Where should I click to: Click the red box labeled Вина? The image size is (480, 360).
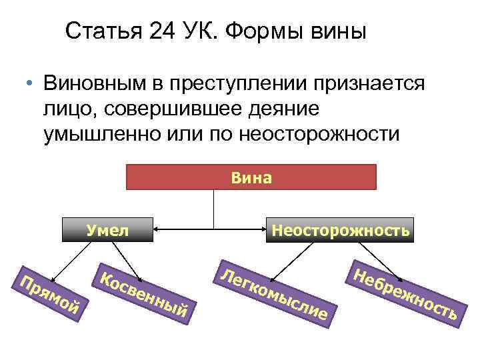(251, 177)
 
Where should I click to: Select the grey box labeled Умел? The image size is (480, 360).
(107, 230)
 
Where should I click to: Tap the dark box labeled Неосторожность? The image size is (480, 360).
(339, 230)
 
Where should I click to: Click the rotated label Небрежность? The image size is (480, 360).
(404, 289)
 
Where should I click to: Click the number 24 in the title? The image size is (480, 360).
(165, 31)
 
